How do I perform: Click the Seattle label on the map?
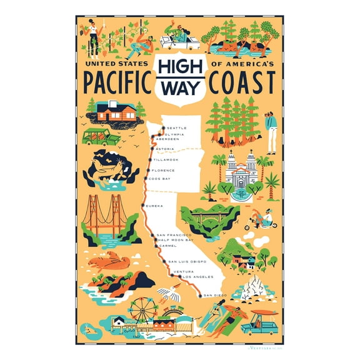tap(177, 128)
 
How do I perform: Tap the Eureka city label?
tap(154, 206)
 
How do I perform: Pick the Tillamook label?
tap(165, 160)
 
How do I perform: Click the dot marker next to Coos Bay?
tap(146, 179)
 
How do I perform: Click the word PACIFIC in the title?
tap(114, 82)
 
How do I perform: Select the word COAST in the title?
tap(243, 82)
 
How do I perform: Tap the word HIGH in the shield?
tap(180, 69)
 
